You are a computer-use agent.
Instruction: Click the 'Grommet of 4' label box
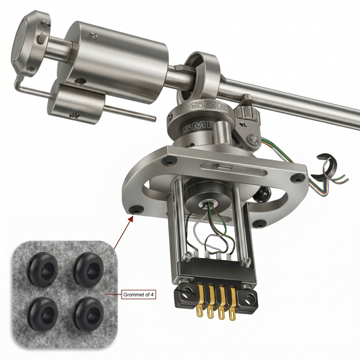click(x=138, y=294)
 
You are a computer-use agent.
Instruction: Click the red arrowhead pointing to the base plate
click(x=131, y=219)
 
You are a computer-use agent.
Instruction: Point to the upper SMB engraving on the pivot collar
click(x=209, y=105)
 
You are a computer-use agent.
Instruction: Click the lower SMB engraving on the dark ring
click(x=199, y=127)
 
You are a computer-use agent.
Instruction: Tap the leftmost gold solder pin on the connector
click(x=200, y=301)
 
